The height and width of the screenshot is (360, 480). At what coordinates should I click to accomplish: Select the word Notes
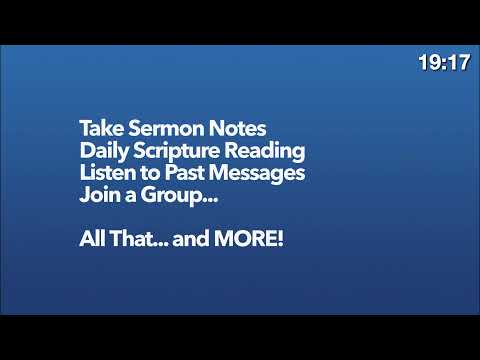click(235, 131)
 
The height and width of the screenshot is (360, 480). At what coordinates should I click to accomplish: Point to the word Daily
click(103, 152)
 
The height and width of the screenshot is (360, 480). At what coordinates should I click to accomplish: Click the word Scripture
click(181, 153)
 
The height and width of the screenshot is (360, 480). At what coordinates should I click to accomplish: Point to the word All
click(91, 241)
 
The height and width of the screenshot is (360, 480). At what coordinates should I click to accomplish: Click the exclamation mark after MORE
click(281, 241)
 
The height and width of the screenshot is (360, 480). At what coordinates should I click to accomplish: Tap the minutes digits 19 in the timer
click(430, 63)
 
